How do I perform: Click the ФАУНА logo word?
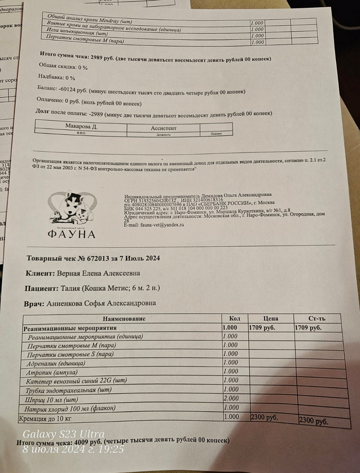(x=72, y=234)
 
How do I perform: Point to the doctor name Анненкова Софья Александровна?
(x=101, y=303)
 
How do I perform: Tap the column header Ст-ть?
(x=317, y=319)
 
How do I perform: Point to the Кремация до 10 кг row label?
(x=46, y=417)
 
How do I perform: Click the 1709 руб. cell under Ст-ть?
(x=309, y=328)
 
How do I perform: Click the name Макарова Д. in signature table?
(x=81, y=126)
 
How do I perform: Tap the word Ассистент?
(x=164, y=127)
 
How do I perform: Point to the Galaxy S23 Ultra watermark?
(x=63, y=434)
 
